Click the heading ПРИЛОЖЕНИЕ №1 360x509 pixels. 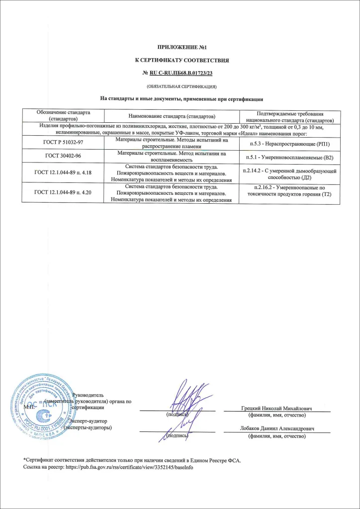point(180,48)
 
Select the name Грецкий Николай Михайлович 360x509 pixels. point(276,408)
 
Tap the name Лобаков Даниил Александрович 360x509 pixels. point(276,428)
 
